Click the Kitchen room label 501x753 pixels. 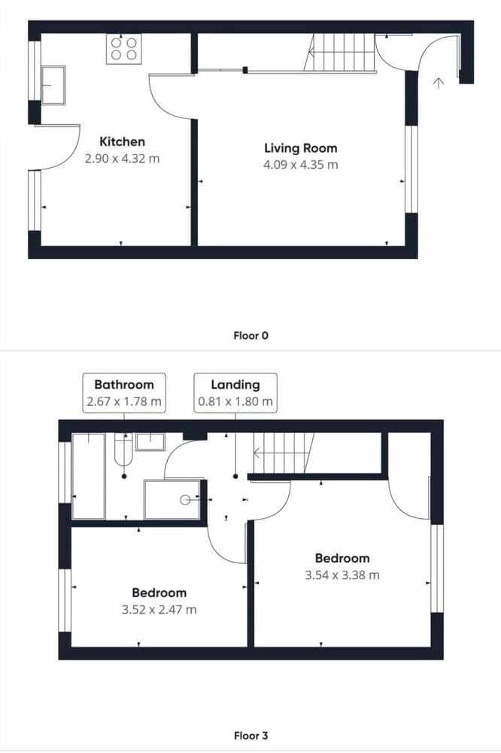(x=122, y=142)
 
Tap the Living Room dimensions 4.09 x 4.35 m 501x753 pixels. (x=300, y=165)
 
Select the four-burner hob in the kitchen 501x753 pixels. (x=124, y=49)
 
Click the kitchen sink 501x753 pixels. (x=53, y=86)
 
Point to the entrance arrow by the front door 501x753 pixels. (x=438, y=83)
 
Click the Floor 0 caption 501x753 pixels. (x=251, y=336)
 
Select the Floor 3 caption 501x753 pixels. (x=251, y=736)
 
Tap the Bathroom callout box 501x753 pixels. (x=124, y=393)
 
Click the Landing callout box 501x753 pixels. (x=235, y=393)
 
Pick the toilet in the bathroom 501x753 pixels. (x=123, y=449)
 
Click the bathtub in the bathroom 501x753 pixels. (x=88, y=476)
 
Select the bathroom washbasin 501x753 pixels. (x=150, y=442)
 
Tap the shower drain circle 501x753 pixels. (x=185, y=500)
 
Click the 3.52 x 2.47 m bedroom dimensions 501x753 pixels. (x=159, y=610)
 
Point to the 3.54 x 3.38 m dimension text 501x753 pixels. (x=342, y=575)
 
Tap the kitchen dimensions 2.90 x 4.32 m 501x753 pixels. (x=122, y=158)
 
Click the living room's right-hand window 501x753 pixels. (x=411, y=169)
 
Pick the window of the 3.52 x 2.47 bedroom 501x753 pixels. (x=65, y=600)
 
